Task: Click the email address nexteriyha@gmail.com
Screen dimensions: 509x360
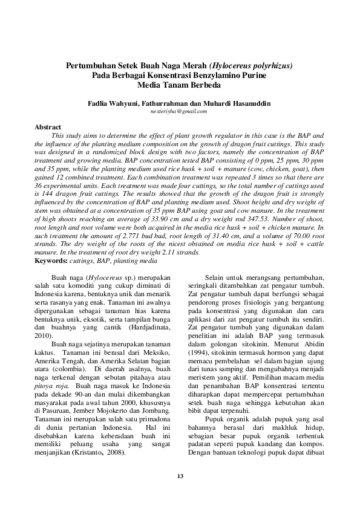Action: coord(180,112)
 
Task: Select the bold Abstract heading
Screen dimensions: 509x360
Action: coord(48,128)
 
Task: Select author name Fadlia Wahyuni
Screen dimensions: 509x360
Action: coord(113,104)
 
